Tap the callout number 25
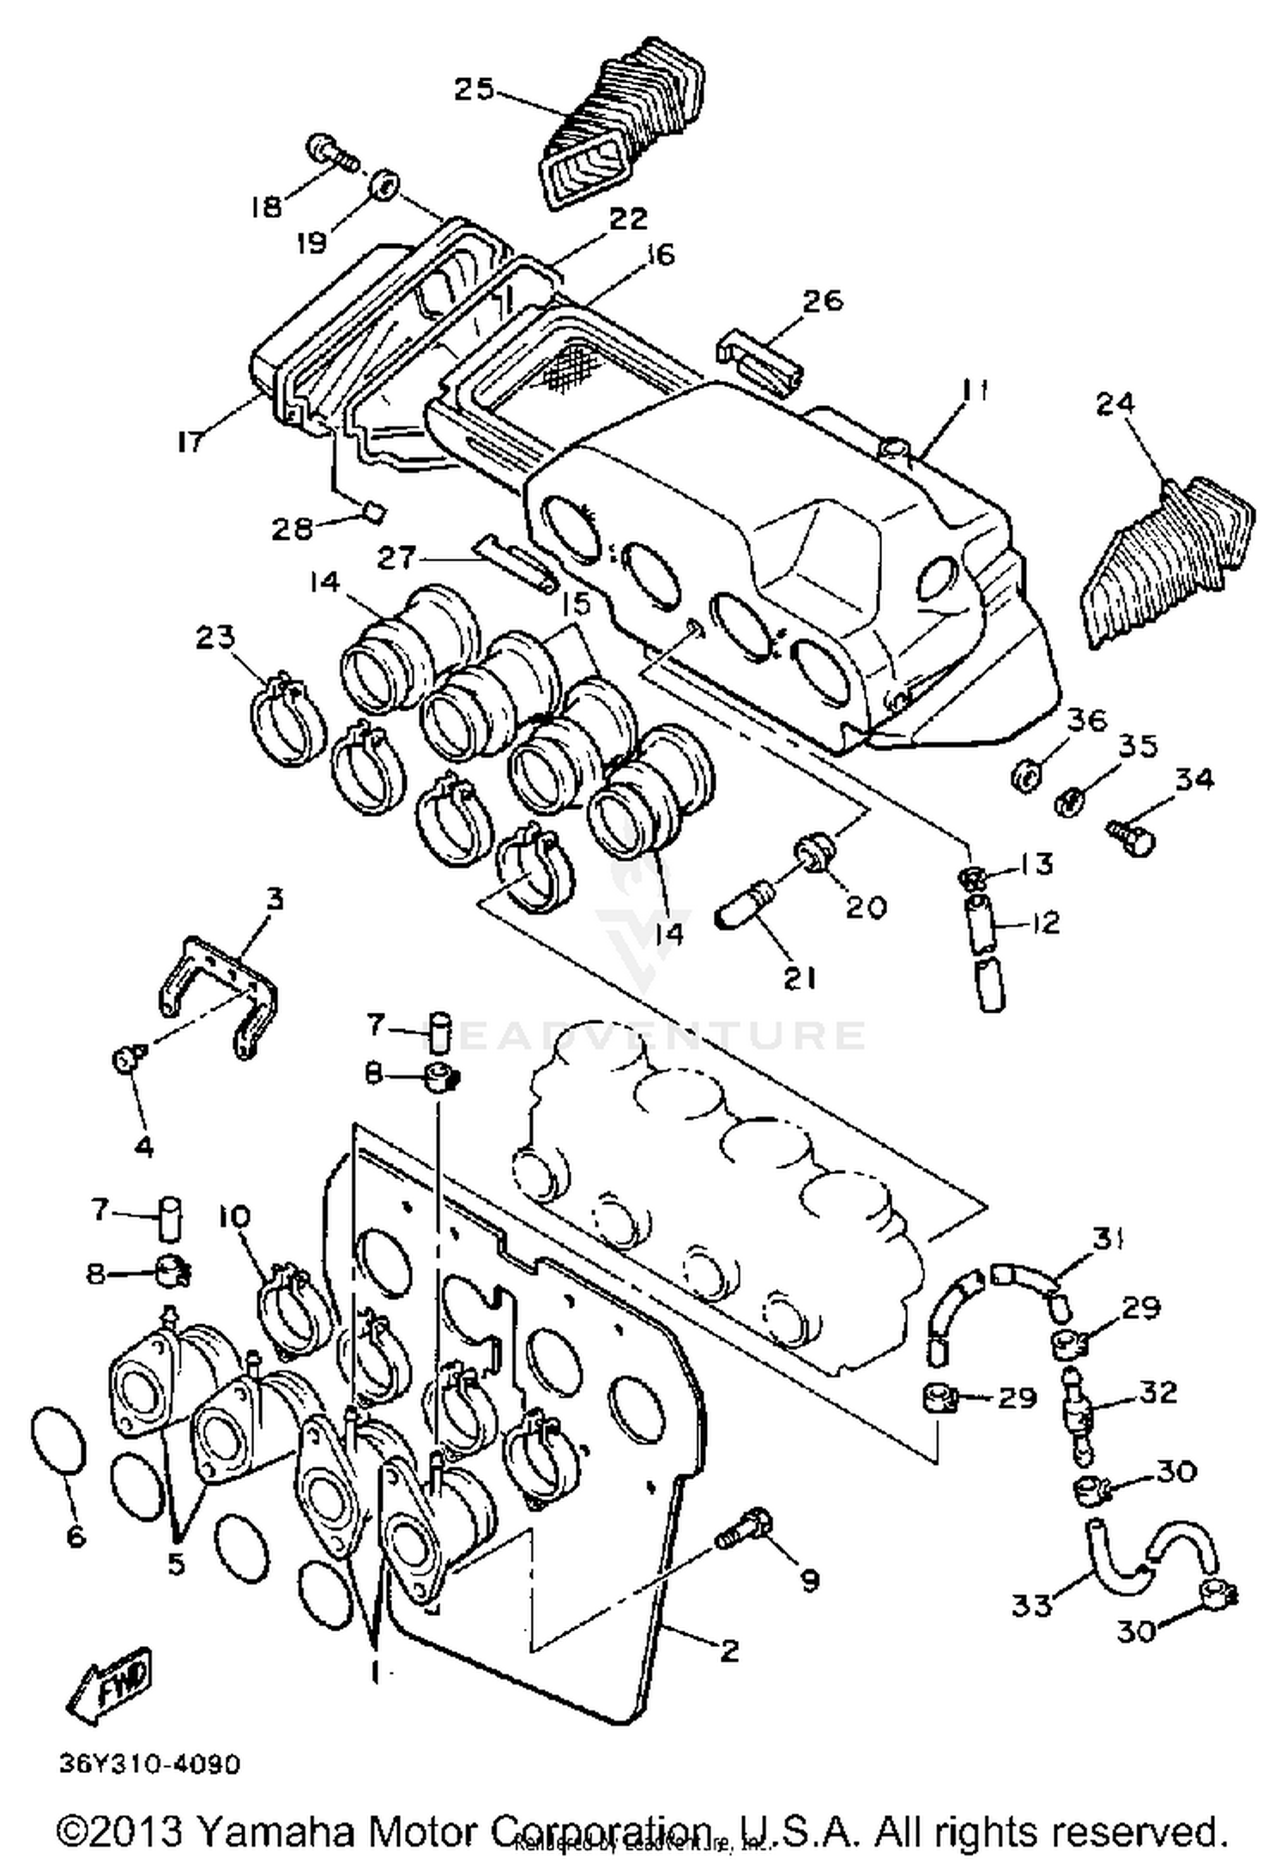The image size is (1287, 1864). click(474, 88)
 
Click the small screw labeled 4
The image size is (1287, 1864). click(125, 1060)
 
